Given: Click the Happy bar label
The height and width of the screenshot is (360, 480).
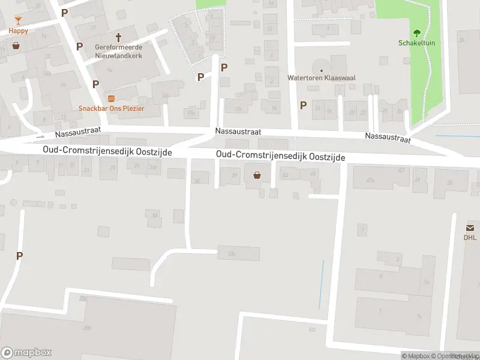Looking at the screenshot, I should pyautogui.click(x=18, y=30).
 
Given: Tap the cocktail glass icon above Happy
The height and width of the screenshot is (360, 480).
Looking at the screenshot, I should pyautogui.click(x=18, y=20).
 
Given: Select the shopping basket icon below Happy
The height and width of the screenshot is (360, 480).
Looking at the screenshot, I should pyautogui.click(x=16, y=45).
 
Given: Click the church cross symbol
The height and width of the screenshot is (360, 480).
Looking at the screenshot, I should pyautogui.click(x=118, y=37).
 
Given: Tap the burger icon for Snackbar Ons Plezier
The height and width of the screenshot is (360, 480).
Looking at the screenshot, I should pyautogui.click(x=111, y=98).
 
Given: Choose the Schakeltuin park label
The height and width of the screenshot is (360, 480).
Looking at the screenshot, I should pyautogui.click(x=416, y=43).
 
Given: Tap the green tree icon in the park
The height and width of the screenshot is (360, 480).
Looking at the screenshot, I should pyautogui.click(x=416, y=33).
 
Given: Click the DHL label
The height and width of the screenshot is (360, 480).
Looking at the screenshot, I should pyautogui.click(x=469, y=237).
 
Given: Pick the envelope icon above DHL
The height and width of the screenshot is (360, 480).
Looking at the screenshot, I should pyautogui.click(x=469, y=227).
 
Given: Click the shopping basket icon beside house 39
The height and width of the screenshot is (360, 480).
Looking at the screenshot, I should pyautogui.click(x=257, y=175).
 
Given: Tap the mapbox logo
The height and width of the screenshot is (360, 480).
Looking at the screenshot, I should pyautogui.click(x=26, y=353).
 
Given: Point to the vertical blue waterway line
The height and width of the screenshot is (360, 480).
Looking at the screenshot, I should pyautogui.click(x=322, y=285).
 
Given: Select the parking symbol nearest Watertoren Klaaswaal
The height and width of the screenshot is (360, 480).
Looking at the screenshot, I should pyautogui.click(x=303, y=105).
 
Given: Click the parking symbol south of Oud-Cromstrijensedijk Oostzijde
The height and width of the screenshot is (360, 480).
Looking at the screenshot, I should pyautogui.click(x=19, y=256).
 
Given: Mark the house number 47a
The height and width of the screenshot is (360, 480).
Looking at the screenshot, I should pyautogui.click(x=370, y=179).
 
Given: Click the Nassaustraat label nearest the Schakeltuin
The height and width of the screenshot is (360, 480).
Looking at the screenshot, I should pyautogui.click(x=388, y=138).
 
